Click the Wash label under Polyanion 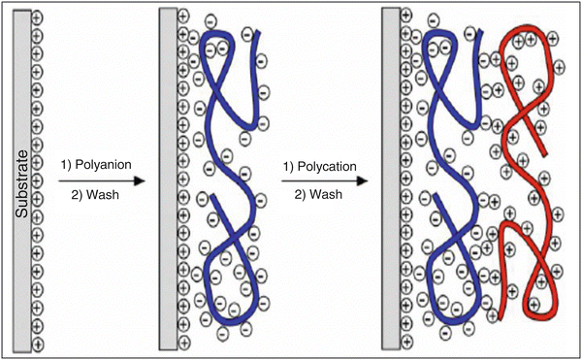(94, 195)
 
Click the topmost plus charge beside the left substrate (37, 17)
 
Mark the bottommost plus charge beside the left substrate (37, 344)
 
